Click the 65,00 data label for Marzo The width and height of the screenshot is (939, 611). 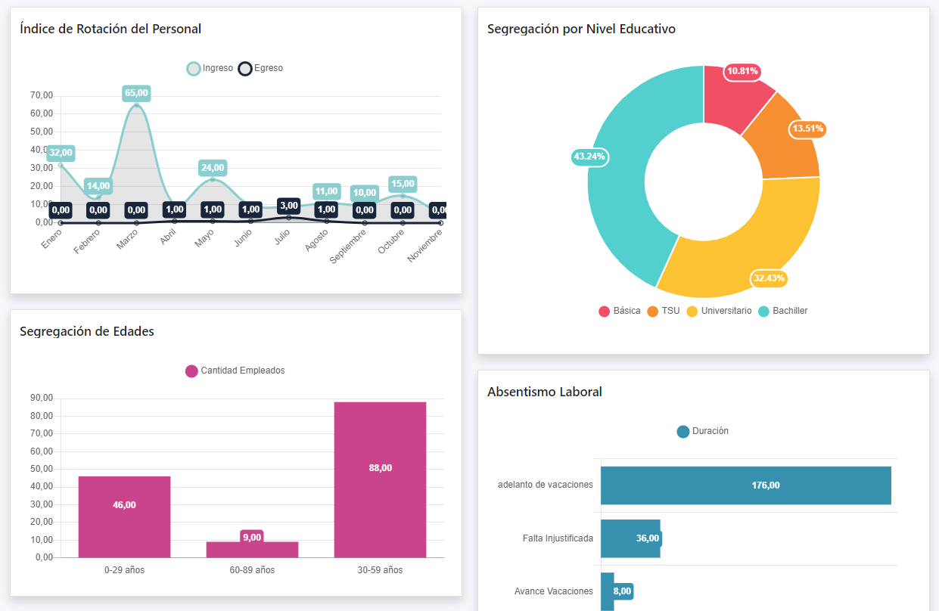(136, 93)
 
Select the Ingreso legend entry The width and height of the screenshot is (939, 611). (210, 69)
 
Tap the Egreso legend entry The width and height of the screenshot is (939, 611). (261, 69)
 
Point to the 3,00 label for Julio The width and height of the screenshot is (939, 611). (288, 206)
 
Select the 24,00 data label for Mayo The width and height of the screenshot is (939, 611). (213, 168)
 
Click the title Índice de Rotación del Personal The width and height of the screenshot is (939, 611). (110, 29)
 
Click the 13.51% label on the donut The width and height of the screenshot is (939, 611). (807, 129)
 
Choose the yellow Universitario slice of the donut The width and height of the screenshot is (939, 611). (749, 242)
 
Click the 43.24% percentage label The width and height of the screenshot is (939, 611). (590, 157)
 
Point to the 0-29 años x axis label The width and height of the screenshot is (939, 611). (124, 570)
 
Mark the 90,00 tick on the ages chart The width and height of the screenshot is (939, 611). (42, 399)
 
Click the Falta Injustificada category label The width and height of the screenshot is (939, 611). (558, 538)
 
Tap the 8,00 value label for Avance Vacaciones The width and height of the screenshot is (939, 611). (622, 591)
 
